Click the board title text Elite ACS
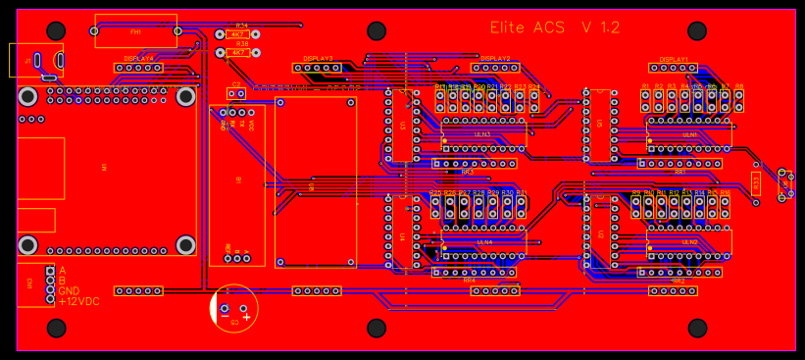(x=527, y=28)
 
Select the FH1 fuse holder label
(x=135, y=32)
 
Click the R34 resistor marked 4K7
(x=238, y=34)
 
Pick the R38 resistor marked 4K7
(x=238, y=51)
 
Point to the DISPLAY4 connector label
(x=138, y=59)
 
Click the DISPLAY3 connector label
(x=318, y=59)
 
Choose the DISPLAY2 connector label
(x=495, y=59)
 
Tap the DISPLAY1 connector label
(x=673, y=59)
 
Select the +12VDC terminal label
(x=78, y=301)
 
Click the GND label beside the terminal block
(x=69, y=291)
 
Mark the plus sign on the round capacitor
(x=247, y=317)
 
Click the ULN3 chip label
(x=482, y=133)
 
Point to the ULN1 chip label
(x=689, y=133)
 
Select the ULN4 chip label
(x=484, y=241)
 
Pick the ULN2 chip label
(x=689, y=241)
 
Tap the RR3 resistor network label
(x=467, y=172)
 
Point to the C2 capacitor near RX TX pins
(x=234, y=94)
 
